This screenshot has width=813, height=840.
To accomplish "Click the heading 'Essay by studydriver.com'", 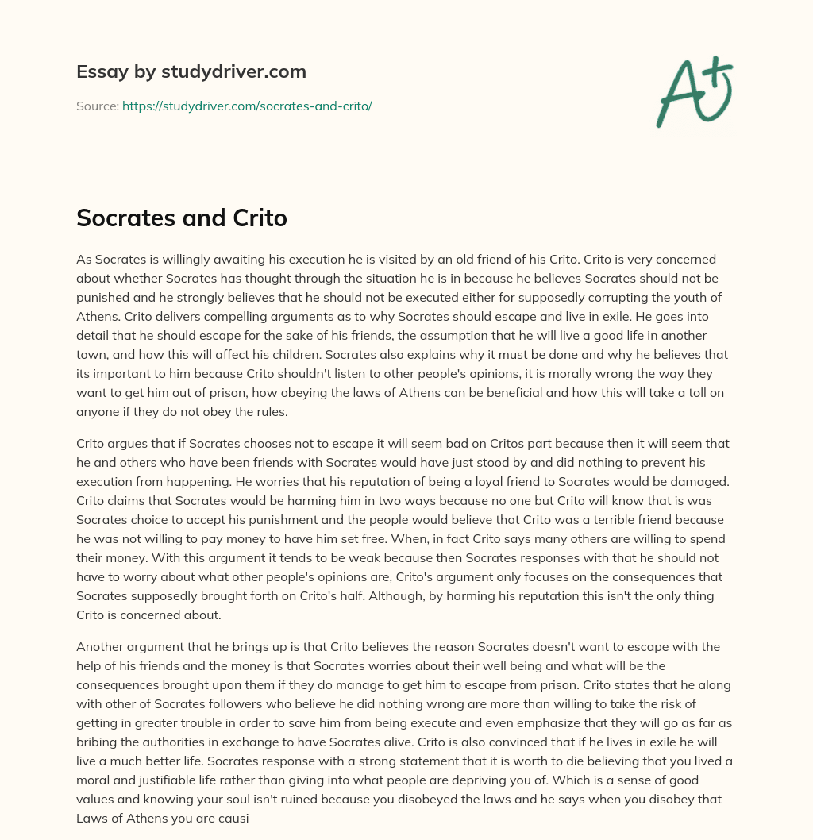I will click(x=191, y=72).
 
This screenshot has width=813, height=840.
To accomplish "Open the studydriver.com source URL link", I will click(x=247, y=106).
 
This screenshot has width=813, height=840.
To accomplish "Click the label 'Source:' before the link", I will click(x=98, y=106).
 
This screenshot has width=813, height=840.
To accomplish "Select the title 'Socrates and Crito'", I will click(x=181, y=218).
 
